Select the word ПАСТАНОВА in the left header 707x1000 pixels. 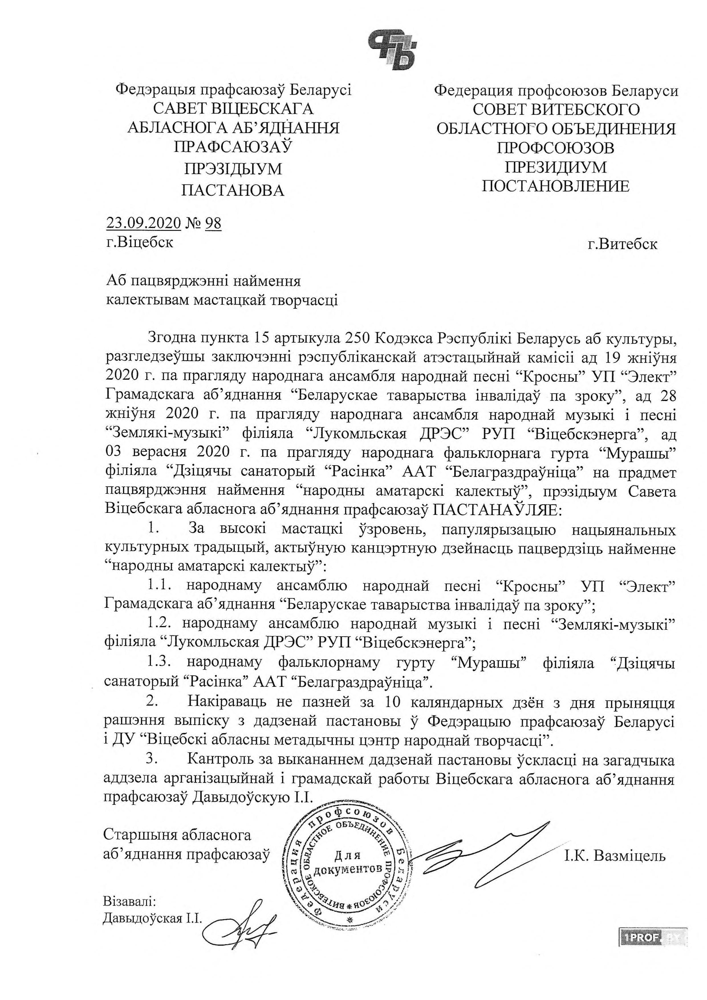point(232,190)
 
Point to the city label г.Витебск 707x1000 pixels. point(622,244)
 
